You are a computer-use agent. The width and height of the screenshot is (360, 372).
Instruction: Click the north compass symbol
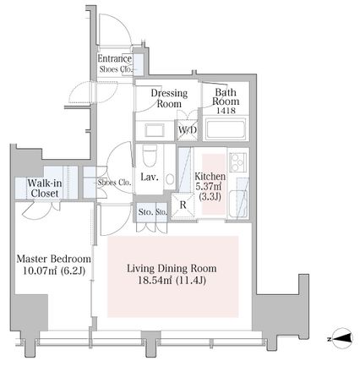341,338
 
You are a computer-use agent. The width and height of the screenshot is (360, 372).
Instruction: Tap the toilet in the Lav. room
150,156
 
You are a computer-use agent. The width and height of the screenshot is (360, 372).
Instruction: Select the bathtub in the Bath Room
226,129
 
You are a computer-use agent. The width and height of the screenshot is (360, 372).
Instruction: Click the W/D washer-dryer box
188,130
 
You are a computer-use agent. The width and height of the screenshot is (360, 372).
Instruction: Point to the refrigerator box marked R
183,205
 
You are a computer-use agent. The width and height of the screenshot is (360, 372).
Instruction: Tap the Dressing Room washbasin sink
155,130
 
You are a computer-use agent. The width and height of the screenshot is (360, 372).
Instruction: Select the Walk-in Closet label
45,189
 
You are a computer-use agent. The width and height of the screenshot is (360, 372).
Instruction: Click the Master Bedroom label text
54,259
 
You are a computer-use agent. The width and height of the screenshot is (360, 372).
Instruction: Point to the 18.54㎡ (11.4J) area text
172,281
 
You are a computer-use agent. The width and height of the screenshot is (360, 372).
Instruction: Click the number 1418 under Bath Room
226,111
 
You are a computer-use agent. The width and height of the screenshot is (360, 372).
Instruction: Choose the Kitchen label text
210,177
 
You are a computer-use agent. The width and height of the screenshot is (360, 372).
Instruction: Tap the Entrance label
115,58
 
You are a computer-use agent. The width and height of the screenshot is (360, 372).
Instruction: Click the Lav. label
150,177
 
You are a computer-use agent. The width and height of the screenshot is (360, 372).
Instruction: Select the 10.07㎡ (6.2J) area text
54,271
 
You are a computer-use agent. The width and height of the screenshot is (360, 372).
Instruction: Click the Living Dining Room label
172,268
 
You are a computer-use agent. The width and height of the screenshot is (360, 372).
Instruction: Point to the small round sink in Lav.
170,178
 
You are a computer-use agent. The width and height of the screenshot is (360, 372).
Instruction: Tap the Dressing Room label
169,98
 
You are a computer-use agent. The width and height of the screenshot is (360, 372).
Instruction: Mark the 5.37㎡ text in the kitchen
208,186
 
